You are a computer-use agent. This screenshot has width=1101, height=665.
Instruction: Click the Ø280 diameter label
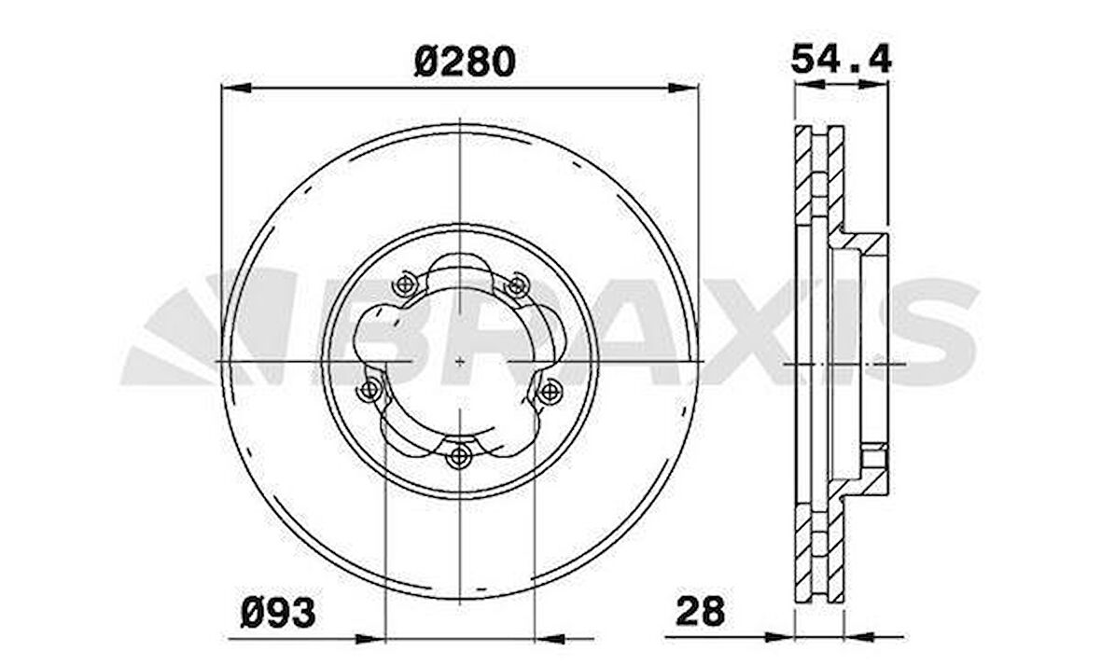coord(464,62)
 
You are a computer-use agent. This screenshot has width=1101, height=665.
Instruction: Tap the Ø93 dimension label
coord(277,613)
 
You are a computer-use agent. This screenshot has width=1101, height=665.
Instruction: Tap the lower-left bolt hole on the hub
coord(370,389)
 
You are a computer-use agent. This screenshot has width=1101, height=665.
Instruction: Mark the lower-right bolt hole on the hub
coord(550,389)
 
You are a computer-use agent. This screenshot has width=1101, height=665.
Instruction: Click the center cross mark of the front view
coord(461,360)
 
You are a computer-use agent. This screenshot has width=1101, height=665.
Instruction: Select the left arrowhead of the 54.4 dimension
coord(805,84)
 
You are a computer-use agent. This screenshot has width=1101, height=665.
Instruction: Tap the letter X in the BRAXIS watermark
coord(737,330)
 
